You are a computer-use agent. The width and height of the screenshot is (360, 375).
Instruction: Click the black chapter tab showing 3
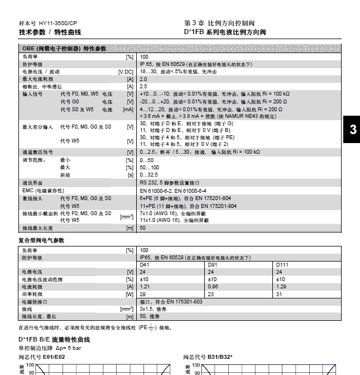[x=352, y=130]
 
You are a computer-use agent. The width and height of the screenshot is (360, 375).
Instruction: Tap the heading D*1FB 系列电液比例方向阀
[x=224, y=32]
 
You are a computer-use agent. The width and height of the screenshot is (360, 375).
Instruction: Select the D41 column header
[x=145, y=264]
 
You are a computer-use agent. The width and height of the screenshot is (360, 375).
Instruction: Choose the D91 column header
[x=213, y=264]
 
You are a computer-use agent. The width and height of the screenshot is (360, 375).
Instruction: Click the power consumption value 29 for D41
[x=142, y=293]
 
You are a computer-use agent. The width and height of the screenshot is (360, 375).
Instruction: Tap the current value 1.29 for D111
[x=281, y=286]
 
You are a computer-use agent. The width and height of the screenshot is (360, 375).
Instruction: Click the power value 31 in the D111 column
[x=279, y=293]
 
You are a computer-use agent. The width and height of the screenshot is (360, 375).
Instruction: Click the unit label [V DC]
[x=126, y=72]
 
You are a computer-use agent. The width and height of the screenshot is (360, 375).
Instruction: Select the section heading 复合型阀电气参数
[x=42, y=240]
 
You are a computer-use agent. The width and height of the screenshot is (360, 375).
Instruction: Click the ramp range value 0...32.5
[x=148, y=174]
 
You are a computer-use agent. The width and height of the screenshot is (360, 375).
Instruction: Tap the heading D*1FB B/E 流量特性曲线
[x=54, y=339]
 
